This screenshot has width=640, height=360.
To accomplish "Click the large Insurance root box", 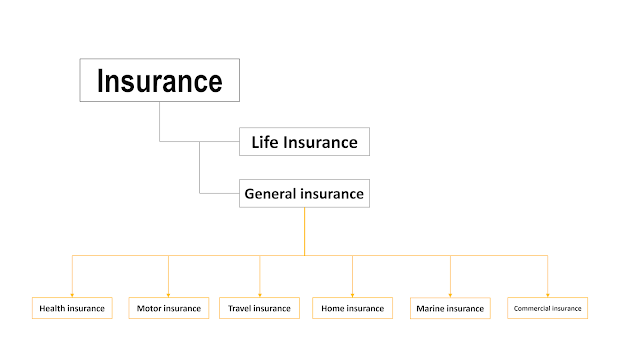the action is [x=160, y=80].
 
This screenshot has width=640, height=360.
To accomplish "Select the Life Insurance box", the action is [x=304, y=142].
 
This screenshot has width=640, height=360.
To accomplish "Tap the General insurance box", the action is [x=304, y=193].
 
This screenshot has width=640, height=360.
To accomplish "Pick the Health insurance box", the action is [x=72, y=308].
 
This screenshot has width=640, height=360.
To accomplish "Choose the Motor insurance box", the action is [x=169, y=308].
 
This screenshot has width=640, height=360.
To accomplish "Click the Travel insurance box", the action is [x=260, y=308].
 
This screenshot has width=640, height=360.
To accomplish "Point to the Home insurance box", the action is [x=353, y=308].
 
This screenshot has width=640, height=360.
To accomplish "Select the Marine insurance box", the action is [x=450, y=308].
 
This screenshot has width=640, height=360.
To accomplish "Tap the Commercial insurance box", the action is [x=548, y=308].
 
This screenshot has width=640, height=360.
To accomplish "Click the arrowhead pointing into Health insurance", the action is [x=72, y=295].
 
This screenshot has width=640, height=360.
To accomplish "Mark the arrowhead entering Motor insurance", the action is [x=169, y=295].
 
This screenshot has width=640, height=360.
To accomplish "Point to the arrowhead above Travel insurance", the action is [x=260, y=295].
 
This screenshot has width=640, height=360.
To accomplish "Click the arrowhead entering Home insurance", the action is [x=353, y=295].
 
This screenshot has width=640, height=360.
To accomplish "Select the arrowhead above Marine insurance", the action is [x=450, y=295].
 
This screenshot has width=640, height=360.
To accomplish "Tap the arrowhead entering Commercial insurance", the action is [x=548, y=295].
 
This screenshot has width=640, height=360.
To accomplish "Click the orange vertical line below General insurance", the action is [x=304, y=231].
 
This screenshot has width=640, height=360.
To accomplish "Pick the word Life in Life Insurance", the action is [x=265, y=142].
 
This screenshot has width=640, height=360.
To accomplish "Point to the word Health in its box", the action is [x=51, y=308].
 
